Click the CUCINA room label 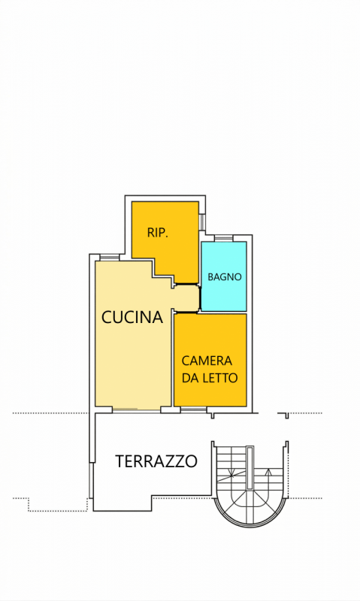[132, 317]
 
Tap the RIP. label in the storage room [158, 233]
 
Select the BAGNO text [225, 276]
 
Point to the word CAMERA [207, 361]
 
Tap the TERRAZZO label [156, 461]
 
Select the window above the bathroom [223, 238]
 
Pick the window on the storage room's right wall [201, 222]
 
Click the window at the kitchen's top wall [110, 258]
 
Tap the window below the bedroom [194, 410]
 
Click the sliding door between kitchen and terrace [137, 409]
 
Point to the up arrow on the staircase [268, 472]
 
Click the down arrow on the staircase [231, 473]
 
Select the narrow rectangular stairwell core [250, 467]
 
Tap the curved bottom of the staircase [250, 526]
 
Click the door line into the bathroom [200, 297]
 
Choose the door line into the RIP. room [187, 284]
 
